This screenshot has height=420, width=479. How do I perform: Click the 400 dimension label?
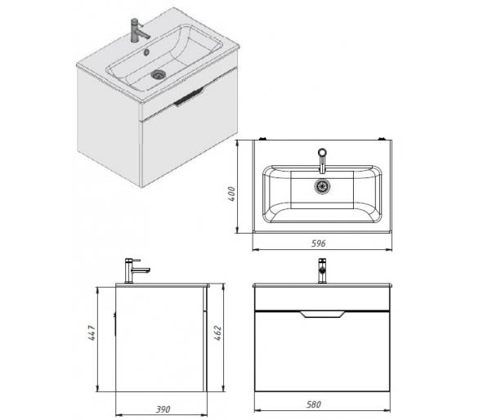tap(232, 194)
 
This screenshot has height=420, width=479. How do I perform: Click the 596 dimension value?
tap(319, 244)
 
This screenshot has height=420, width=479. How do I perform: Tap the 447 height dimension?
tap(92, 333)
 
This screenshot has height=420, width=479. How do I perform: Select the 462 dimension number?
tap(217, 333)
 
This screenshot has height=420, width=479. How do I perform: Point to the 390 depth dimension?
tap(163, 409)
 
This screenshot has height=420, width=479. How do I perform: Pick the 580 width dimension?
tap(314, 404)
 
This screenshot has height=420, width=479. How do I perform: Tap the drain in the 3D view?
tap(159, 74)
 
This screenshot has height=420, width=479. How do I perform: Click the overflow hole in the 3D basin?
tap(146, 52)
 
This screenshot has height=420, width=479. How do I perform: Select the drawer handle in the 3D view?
tap(189, 96)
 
